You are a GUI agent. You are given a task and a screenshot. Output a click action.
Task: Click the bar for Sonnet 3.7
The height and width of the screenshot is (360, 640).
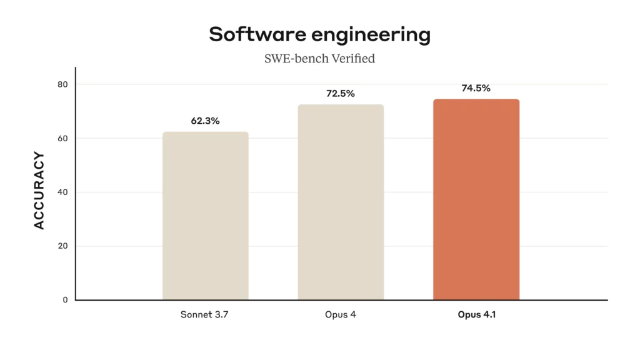click(x=205, y=216)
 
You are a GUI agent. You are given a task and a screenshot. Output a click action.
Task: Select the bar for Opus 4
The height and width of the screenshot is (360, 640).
click(x=341, y=202)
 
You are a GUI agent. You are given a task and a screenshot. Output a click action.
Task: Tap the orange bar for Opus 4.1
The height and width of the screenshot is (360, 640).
click(x=476, y=199)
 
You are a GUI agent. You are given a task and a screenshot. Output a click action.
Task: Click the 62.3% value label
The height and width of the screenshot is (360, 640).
click(x=205, y=121)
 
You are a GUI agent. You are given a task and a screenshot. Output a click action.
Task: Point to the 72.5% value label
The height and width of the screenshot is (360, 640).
click(x=341, y=94)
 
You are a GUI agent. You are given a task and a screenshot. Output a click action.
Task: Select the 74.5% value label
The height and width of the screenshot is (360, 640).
click(x=476, y=88)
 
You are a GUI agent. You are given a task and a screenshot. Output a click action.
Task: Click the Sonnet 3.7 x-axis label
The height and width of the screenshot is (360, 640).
click(x=205, y=314)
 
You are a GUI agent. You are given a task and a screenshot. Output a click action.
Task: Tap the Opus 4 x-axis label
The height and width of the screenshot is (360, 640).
click(x=341, y=314)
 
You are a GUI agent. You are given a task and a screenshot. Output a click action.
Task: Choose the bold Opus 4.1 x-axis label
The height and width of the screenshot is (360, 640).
click(x=476, y=314)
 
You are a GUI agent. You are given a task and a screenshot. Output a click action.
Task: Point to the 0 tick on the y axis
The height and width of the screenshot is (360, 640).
click(x=65, y=300)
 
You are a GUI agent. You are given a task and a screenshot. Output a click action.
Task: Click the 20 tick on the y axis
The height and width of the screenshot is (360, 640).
click(x=62, y=246)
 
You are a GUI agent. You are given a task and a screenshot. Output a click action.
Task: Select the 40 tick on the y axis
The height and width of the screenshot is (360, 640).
click(x=62, y=192)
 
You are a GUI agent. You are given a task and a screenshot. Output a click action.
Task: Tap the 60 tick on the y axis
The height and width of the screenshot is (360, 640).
click(x=62, y=138)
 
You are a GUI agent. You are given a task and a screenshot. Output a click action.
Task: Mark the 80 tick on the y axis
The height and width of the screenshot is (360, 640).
click(x=62, y=84)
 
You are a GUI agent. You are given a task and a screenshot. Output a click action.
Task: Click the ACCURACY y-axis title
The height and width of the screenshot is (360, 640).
click(x=39, y=191)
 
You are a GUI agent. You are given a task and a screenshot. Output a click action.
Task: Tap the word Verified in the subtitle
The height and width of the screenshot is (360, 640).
click(x=354, y=59)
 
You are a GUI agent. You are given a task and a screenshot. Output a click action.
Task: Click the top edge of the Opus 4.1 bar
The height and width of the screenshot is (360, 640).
click(x=476, y=100)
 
